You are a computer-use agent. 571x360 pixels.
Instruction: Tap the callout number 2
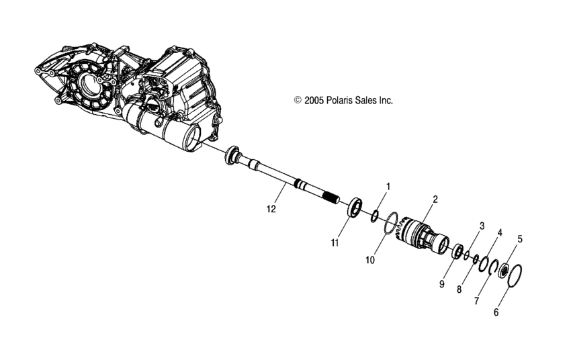click(x=435, y=199)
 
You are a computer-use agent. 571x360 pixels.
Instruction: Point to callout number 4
click(x=499, y=232)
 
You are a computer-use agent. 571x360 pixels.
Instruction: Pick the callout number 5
click(x=519, y=238)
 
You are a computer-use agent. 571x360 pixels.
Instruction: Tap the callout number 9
click(x=442, y=284)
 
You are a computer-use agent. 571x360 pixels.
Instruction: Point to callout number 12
click(x=271, y=209)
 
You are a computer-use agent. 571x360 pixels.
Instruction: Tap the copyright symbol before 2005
click(x=298, y=100)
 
